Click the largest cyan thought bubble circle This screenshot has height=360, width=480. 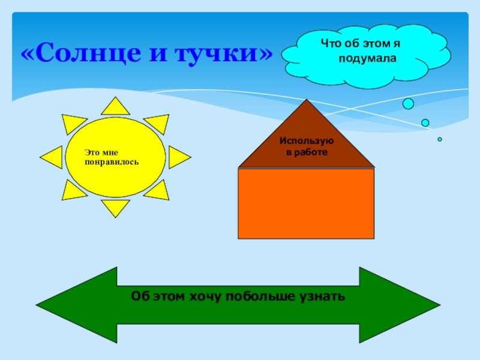(x=408, y=104)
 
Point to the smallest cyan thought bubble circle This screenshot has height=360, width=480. (x=440, y=139)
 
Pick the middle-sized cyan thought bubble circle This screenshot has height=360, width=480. (x=425, y=123)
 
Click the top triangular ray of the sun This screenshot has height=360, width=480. (x=115, y=107)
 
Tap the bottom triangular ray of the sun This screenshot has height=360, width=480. (x=115, y=208)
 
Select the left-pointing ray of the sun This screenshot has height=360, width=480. (x=52, y=158)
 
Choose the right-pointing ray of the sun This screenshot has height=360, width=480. (x=179, y=157)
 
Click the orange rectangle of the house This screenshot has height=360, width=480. (x=306, y=204)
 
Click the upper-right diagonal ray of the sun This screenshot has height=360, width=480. (x=158, y=124)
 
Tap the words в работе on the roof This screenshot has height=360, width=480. (x=306, y=152)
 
